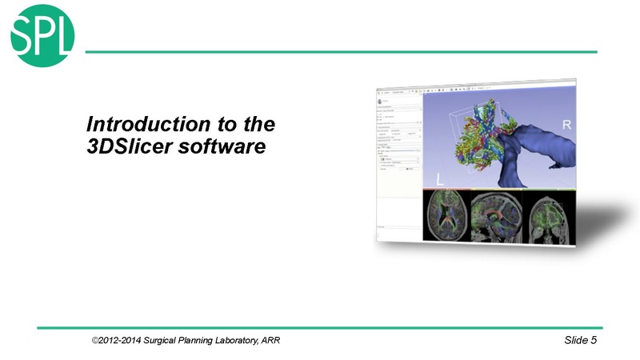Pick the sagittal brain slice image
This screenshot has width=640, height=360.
[x=497, y=218]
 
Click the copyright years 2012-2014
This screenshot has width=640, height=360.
[x=123, y=342]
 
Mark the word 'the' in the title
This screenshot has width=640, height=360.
[x=258, y=126]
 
